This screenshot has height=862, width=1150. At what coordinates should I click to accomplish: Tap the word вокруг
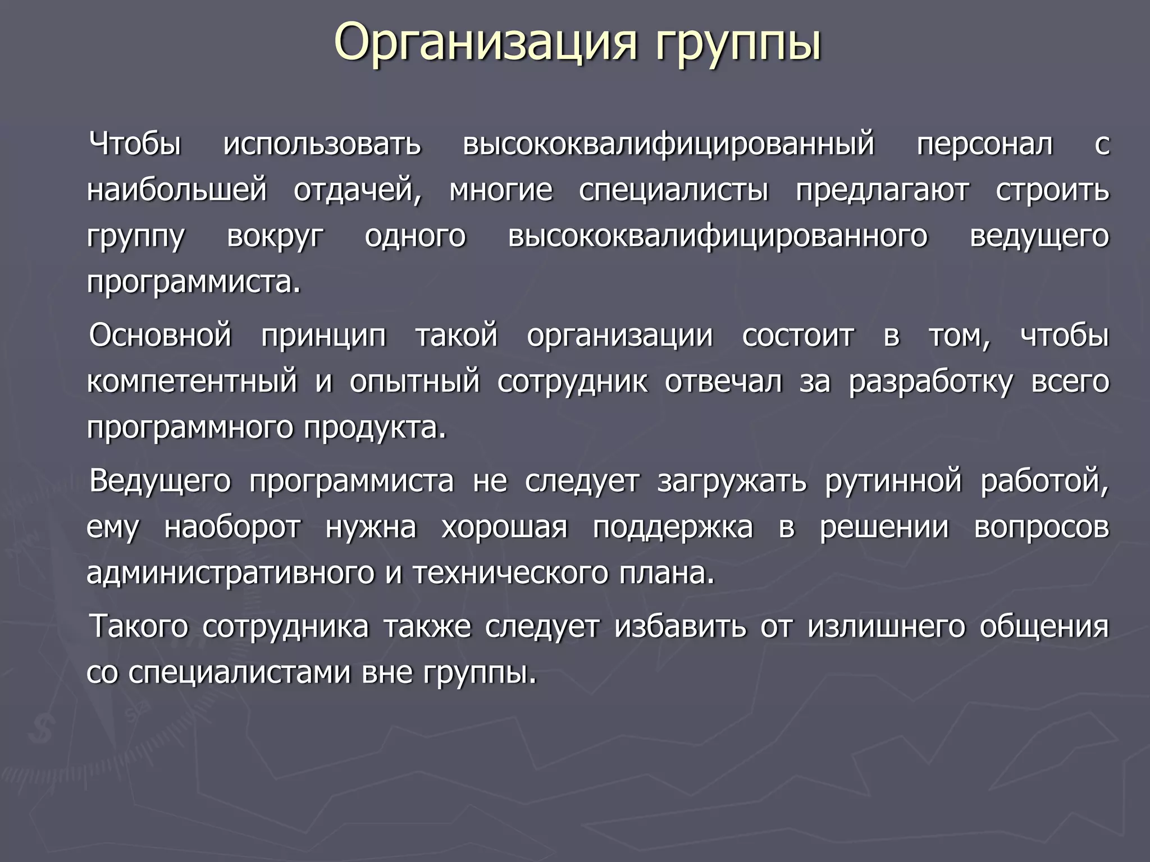275,236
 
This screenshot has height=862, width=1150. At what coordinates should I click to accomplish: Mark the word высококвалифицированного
718,236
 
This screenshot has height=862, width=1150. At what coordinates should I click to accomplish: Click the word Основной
161,336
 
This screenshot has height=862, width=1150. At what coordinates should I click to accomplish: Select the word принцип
323,336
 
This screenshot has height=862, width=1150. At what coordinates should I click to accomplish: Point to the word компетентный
192,382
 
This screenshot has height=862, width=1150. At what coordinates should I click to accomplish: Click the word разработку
931,382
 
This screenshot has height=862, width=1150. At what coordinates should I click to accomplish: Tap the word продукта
375,428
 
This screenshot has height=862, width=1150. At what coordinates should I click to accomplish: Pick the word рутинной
893,482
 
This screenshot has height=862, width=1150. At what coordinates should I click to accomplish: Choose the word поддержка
673,528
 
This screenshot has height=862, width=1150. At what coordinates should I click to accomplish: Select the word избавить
680,626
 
